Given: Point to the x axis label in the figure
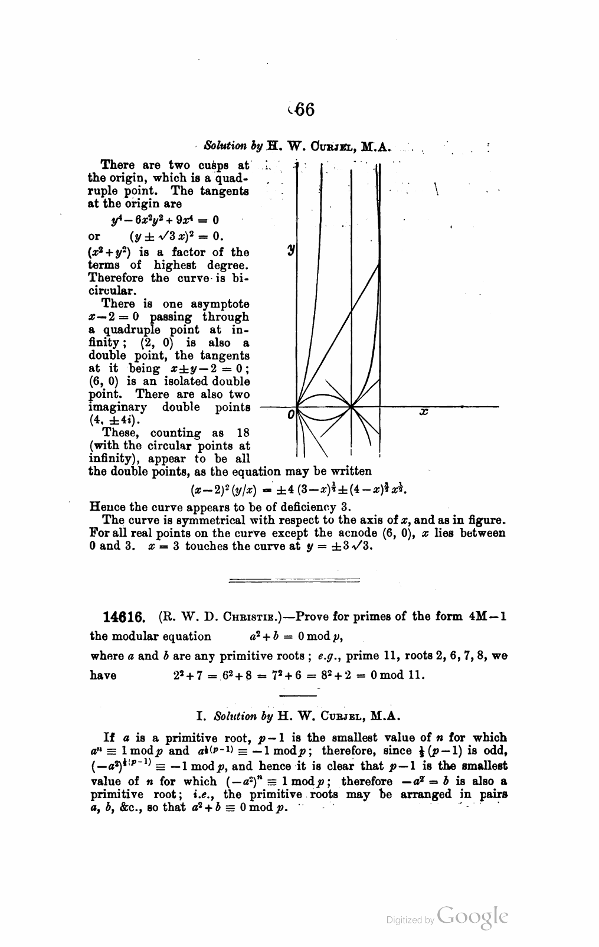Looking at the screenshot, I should click(x=423, y=412).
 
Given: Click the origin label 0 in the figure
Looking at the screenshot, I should click(x=290, y=416).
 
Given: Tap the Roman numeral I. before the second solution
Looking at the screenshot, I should click(x=200, y=717).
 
